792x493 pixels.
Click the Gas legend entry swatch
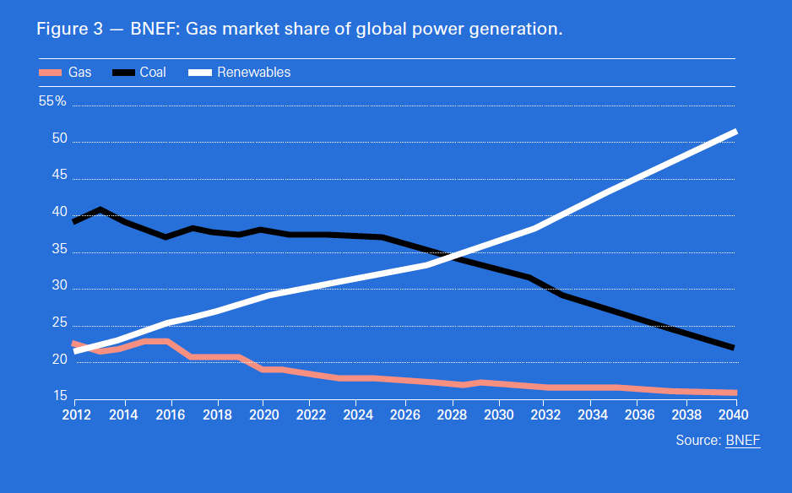coord(51,73)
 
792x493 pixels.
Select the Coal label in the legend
coord(153,73)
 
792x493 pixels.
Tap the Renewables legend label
coord(253,73)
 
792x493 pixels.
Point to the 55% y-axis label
coord(52,101)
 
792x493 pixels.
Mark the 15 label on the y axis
coord(58,396)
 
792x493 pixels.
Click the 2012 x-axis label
coord(77,414)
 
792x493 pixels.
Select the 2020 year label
coord(263,414)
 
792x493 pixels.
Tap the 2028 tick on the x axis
coord(452,414)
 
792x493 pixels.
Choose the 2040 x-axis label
coord(734,414)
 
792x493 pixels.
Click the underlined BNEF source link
coord(743,441)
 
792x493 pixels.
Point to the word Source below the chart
coord(698,441)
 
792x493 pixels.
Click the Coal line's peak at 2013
coord(100,209)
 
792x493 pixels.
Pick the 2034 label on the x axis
coord(593,414)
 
